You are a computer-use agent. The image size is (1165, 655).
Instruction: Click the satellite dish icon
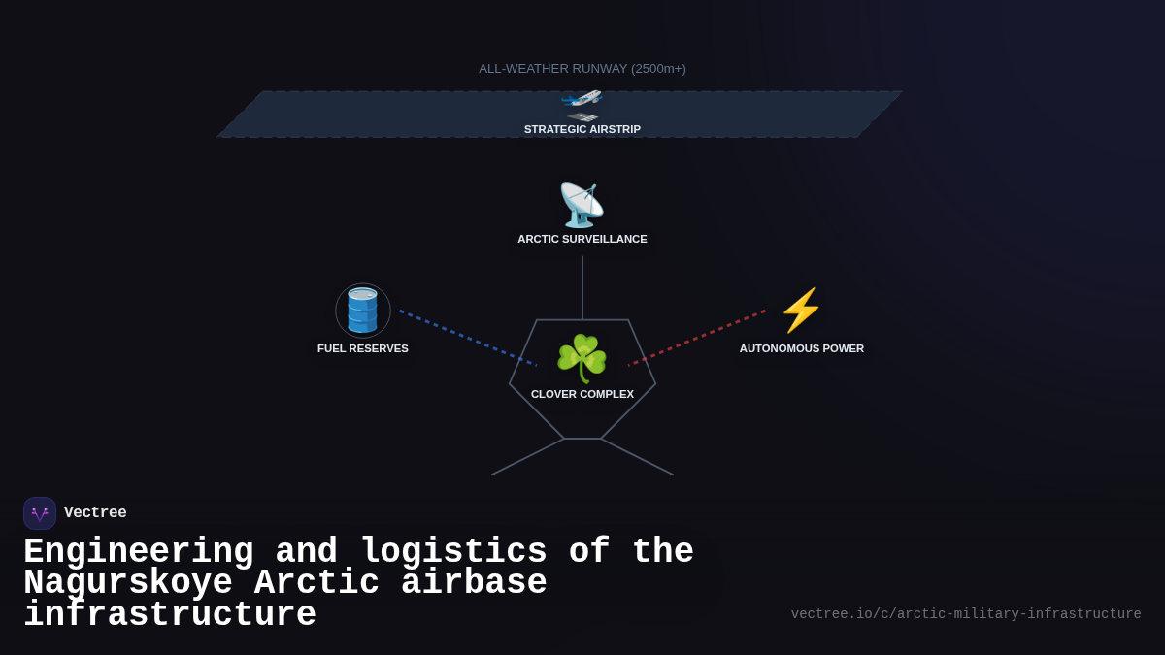point(582,205)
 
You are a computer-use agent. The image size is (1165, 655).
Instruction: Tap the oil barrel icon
point(363,311)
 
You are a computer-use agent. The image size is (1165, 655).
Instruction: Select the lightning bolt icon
point(801,311)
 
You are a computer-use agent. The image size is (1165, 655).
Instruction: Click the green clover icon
point(582,358)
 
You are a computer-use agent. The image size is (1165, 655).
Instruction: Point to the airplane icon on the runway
point(582,99)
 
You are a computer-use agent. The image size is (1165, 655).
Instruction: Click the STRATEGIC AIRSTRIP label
point(582,129)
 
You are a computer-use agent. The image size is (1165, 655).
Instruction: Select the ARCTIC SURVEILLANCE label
point(582,239)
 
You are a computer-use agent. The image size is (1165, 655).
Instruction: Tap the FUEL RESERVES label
point(363,348)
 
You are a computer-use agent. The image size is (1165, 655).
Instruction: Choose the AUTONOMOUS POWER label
point(802,348)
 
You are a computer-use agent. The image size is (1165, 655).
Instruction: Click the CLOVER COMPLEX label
point(582,394)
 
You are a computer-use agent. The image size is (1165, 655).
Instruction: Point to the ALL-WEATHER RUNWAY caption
point(582,69)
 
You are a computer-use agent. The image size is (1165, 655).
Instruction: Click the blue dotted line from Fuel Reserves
point(467,338)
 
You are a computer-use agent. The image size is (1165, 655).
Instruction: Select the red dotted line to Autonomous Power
point(697,338)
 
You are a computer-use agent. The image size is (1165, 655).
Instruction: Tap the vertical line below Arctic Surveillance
point(582,287)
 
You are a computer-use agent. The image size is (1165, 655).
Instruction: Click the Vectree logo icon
point(40,513)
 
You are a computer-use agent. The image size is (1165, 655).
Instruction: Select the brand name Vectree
point(95,513)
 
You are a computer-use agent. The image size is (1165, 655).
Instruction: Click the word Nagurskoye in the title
point(128,583)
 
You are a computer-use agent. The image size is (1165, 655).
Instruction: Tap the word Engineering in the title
point(138,552)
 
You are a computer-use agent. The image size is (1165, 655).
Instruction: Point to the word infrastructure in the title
point(170,615)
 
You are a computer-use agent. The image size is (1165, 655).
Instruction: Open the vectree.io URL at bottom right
point(966,614)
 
